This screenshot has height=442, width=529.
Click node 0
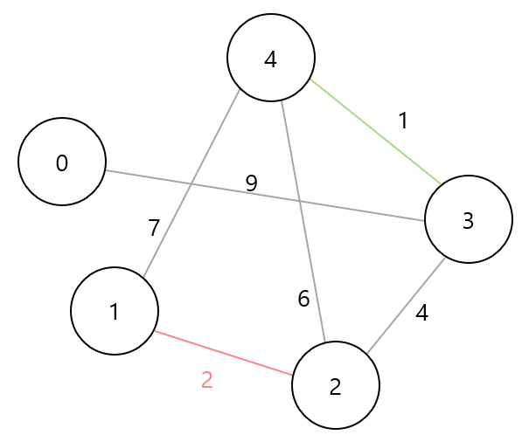[62, 162]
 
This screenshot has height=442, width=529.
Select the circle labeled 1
[115, 311]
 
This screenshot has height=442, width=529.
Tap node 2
[336, 385]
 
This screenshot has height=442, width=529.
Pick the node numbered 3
[469, 219]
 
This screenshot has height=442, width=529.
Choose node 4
[271, 58]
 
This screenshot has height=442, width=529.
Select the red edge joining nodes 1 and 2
[224, 353]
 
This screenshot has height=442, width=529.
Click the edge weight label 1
[403, 121]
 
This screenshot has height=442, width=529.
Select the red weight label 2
[207, 381]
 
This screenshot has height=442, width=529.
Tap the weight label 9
[252, 183]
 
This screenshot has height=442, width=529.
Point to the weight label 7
[154, 229]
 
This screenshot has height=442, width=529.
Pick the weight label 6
[303, 300]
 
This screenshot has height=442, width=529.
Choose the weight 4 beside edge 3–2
[422, 313]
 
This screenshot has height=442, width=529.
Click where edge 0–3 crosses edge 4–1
[191, 183]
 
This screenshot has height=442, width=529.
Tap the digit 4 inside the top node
[271, 59]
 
